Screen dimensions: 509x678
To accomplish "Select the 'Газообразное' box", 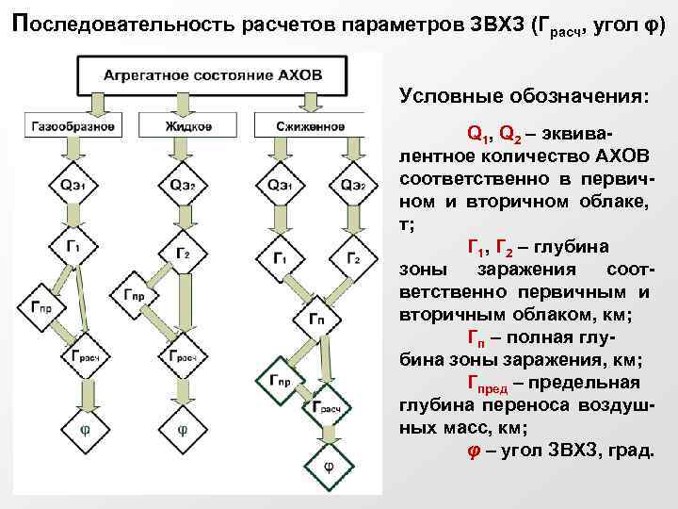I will click(x=73, y=126).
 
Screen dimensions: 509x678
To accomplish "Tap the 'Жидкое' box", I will click(x=184, y=126).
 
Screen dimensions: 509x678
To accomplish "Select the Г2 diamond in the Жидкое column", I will click(x=183, y=254).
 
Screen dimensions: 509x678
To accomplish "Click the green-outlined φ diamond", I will click(x=328, y=466).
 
